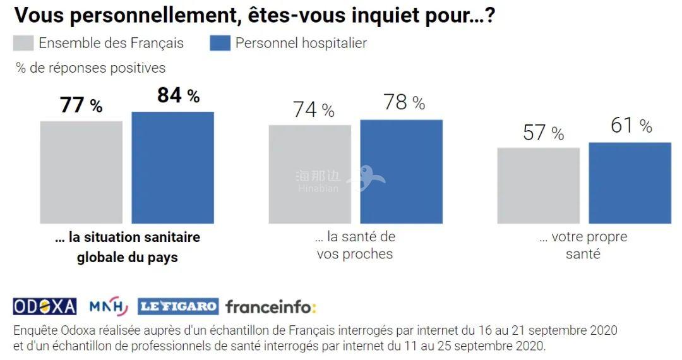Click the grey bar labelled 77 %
[81, 172]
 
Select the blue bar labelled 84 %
[172, 167]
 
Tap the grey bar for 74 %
[309, 174]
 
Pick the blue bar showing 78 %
[401, 171]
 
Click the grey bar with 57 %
[538, 186]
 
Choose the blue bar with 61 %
[630, 183]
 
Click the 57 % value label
[543, 133]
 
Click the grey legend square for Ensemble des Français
[23, 43]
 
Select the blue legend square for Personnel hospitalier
[220, 43]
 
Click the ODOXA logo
[45, 306]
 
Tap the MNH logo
[108, 306]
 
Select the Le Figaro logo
[178, 306]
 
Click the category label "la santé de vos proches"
[354, 246]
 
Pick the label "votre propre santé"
[583, 246]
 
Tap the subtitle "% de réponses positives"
[91, 68]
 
